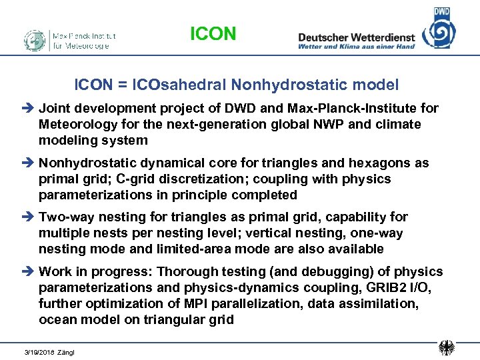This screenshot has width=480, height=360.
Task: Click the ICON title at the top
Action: [213, 33]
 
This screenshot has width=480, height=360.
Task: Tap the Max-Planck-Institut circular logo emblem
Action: [35, 40]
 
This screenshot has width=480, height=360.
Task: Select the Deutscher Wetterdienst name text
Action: [356, 37]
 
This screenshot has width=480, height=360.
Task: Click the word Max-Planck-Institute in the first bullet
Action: [358, 108]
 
